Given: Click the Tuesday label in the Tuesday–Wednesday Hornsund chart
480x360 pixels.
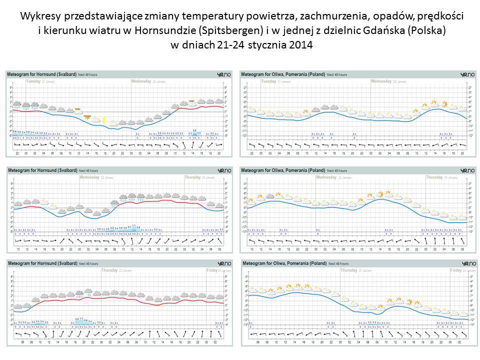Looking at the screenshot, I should pyautogui.click(x=33, y=81).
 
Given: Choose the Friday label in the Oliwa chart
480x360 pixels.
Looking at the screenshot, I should pyautogui.click(x=455, y=270).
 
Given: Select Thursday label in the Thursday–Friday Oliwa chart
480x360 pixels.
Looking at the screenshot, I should pyautogui.click(x=349, y=270).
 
